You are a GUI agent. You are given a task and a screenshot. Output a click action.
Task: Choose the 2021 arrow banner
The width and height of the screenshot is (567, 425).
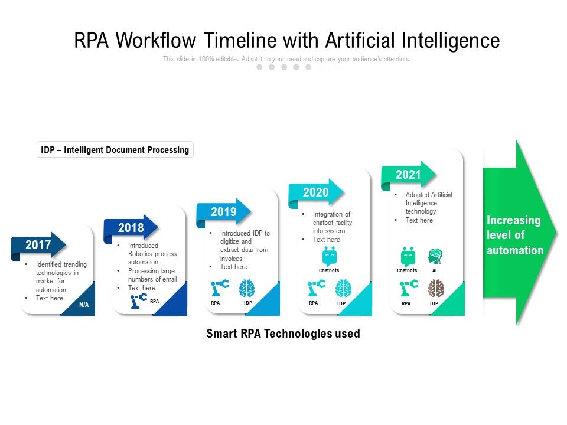coord(408,175)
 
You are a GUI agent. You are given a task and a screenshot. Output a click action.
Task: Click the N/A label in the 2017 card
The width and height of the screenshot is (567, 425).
coord(84,305)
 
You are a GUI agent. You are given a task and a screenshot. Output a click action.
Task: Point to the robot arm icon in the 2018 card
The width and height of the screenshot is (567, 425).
coord(139,300)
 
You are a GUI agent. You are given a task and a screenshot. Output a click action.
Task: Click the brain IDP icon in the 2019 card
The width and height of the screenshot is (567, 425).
coord(247,289)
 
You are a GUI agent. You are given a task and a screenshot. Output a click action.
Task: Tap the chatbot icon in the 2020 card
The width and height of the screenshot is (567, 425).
coord(330,257)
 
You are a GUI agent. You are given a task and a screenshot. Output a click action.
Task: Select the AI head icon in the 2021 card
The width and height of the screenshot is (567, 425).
coord(435,256)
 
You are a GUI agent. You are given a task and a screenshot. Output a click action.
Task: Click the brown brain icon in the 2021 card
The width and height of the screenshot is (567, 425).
coord(436,288)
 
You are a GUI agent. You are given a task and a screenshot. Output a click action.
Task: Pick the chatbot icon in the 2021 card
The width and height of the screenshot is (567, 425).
coord(408,256)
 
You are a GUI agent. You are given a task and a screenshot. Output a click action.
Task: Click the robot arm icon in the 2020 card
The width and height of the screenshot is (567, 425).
coord(315,289)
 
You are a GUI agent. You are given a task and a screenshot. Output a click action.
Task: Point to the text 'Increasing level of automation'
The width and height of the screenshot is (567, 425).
coord(514,236)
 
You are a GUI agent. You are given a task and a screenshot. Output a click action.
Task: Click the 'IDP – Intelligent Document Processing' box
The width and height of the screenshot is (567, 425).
coord(115,150)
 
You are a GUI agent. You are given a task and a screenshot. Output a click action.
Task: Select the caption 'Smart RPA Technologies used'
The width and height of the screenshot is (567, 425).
coord(283,334)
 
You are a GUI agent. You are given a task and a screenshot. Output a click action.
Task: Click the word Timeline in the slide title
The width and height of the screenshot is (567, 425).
coord(240,41)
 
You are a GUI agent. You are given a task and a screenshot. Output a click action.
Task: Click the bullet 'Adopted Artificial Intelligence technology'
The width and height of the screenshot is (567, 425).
coord(429,203)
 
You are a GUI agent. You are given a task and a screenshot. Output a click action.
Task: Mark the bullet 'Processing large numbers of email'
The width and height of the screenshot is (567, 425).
coord(152,275)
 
